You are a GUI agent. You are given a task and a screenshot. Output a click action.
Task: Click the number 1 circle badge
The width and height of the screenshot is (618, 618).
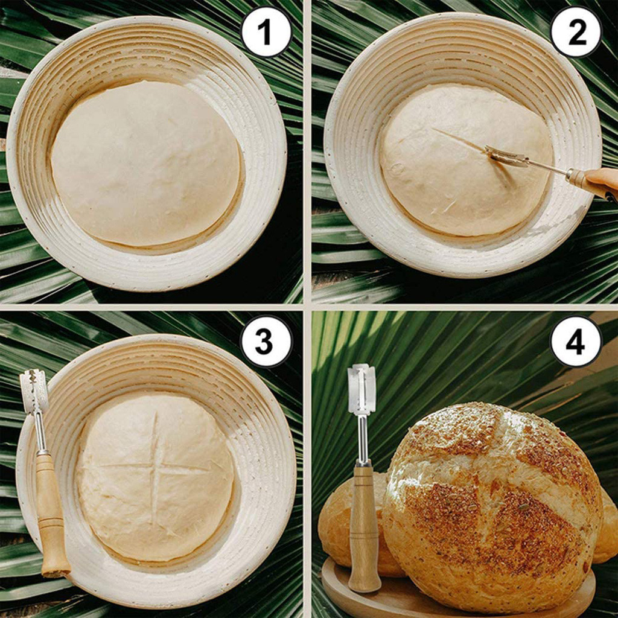[x=266, y=32]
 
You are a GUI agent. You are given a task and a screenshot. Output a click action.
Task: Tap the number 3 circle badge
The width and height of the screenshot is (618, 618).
[x=266, y=341]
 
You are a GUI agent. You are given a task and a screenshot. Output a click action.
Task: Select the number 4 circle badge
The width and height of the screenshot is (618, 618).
[x=575, y=341]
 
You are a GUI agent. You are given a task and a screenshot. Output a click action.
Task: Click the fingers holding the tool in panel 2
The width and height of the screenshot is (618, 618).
[x=604, y=179]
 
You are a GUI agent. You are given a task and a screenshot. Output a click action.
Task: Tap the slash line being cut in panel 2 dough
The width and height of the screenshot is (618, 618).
[x=459, y=141]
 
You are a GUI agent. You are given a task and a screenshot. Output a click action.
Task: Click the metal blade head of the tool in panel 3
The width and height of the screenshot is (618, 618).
[x=34, y=391]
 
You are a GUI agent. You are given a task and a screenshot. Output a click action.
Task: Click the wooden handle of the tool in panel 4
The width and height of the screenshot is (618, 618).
[x=365, y=525]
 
